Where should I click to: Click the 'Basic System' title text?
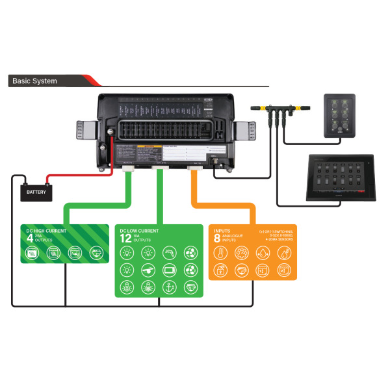[x=34, y=81]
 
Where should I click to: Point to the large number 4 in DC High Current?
[x=30, y=239]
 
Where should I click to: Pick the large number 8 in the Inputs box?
[x=218, y=239]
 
